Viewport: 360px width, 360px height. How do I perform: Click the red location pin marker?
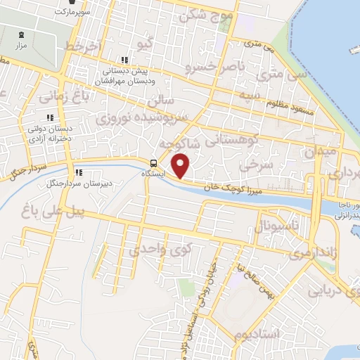[181, 166]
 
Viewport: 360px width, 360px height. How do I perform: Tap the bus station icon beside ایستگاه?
[154, 164]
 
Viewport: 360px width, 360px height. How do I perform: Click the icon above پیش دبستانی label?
[125, 60]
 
